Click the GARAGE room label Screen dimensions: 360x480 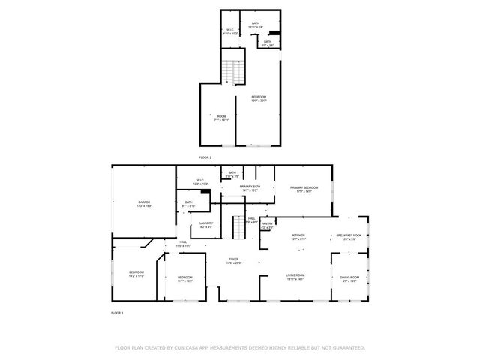144,202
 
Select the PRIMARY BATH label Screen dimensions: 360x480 250,187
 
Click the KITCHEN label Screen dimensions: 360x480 298,235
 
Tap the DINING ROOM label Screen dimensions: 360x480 351,277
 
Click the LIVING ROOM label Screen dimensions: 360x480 295,275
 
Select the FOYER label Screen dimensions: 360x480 235,260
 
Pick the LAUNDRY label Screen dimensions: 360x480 206,223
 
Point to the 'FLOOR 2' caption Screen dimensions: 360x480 205,157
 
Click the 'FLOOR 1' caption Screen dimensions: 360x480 117,311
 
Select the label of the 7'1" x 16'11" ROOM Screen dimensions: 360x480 222,116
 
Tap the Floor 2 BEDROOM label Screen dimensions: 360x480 259,97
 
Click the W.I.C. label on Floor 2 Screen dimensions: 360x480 229,31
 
